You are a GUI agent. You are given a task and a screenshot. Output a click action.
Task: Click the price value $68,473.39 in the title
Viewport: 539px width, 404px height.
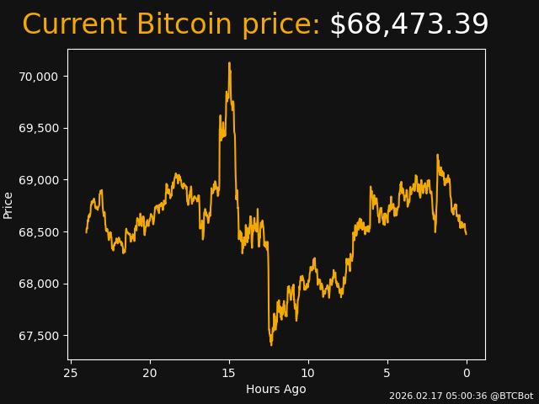coord(408,25)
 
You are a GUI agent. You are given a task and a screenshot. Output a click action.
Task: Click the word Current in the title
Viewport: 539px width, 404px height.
coord(74,25)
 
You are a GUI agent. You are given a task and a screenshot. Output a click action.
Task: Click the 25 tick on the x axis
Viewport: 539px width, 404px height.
coord(71,373)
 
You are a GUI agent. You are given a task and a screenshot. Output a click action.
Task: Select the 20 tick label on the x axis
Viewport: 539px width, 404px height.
coord(150,373)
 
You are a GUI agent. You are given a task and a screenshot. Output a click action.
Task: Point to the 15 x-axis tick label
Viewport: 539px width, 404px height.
coord(229,373)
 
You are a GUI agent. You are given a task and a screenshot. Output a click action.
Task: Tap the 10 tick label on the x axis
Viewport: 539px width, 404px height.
coord(308,373)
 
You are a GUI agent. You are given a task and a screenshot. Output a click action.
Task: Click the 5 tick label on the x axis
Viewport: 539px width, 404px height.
coord(387,373)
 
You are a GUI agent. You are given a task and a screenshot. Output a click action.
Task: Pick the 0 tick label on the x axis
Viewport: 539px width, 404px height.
coord(467,373)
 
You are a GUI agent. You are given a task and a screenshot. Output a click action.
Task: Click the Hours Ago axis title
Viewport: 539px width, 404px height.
coord(275,389)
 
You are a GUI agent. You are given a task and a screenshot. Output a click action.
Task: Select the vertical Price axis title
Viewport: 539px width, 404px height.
coord(8,205)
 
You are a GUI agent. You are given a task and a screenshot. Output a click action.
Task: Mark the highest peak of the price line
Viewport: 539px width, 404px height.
coord(229,62)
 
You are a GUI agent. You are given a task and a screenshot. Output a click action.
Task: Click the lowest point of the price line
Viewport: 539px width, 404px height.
coord(271,345)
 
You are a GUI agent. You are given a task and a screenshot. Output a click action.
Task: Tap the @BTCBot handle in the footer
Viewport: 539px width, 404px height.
coord(511,396)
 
